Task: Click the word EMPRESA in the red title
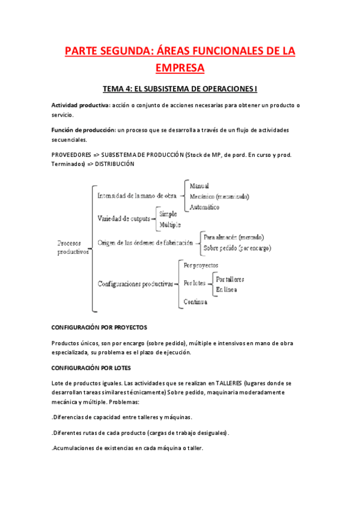[x=180, y=67]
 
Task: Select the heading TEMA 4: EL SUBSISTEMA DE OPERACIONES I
[x=180, y=89]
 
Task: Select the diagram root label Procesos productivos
[x=73, y=248]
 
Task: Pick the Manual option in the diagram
[x=200, y=186]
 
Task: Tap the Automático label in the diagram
[x=204, y=207]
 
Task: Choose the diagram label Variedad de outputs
[x=124, y=218]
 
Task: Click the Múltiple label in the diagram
[x=170, y=224]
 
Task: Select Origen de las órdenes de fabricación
[x=145, y=242]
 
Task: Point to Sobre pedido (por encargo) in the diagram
[x=237, y=248]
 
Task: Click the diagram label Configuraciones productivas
[x=135, y=283]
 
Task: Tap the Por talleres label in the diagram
[x=230, y=280]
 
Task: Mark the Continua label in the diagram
[x=195, y=301]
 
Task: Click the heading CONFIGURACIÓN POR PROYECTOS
[x=99, y=328]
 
